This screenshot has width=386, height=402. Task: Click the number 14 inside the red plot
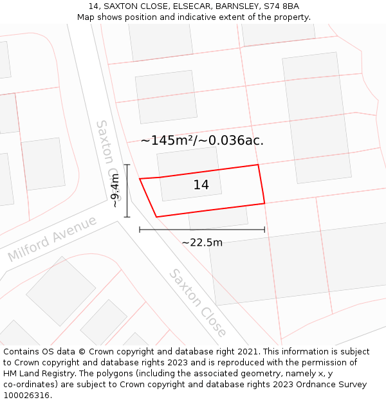[x=201, y=185]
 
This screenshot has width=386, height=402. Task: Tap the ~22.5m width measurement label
[x=202, y=242]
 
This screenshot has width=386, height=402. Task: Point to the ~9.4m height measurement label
[x=115, y=190]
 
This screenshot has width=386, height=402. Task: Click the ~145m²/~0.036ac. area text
[x=202, y=140]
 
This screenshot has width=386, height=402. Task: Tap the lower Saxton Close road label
[x=198, y=303]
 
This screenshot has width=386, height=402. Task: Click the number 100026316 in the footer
[x=26, y=396]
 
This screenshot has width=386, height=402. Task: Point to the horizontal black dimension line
[x=202, y=230]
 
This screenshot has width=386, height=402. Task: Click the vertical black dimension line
[x=127, y=191]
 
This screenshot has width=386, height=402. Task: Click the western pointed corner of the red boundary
[x=140, y=179]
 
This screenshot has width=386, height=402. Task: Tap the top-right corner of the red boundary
[x=258, y=165]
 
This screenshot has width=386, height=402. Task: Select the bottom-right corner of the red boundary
[x=264, y=204]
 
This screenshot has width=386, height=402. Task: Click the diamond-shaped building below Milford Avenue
[x=60, y=291]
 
